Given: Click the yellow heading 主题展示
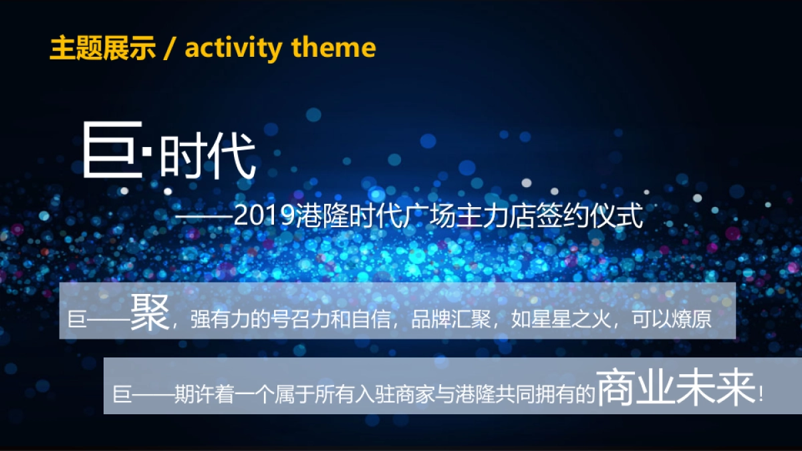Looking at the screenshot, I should tap(103, 48).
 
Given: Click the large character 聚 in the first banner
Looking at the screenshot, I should tap(150, 313).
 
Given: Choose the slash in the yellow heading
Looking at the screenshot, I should tap(170, 49).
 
